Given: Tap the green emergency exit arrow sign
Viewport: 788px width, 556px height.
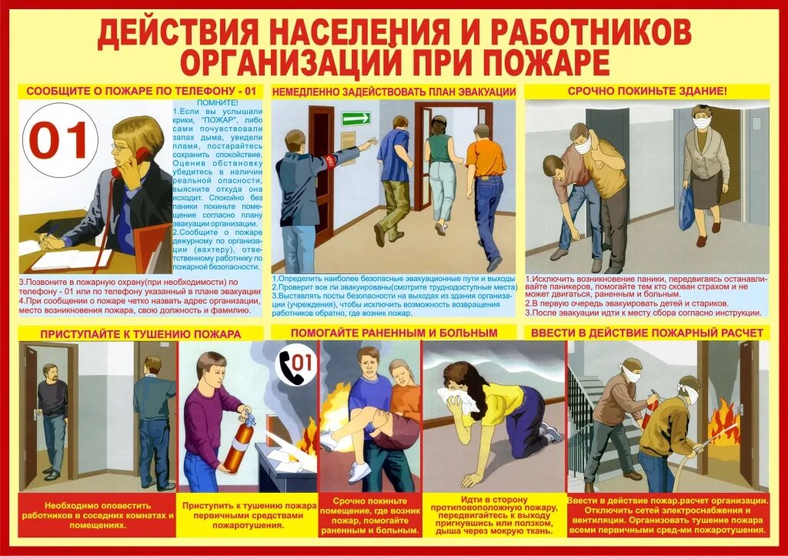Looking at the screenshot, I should (356, 119).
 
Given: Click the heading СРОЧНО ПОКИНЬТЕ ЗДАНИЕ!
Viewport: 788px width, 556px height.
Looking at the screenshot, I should (646, 91).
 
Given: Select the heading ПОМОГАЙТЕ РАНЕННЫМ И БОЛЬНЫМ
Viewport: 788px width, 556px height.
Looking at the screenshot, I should (394, 333).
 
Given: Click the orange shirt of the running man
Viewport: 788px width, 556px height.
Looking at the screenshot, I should (486, 158).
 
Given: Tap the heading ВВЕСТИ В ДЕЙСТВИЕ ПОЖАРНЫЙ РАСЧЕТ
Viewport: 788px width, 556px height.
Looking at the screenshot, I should (646, 333).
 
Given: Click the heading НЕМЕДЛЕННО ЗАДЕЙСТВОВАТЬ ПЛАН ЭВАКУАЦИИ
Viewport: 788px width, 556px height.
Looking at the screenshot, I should (393, 91).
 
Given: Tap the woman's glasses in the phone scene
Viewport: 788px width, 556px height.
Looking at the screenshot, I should (121, 146).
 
